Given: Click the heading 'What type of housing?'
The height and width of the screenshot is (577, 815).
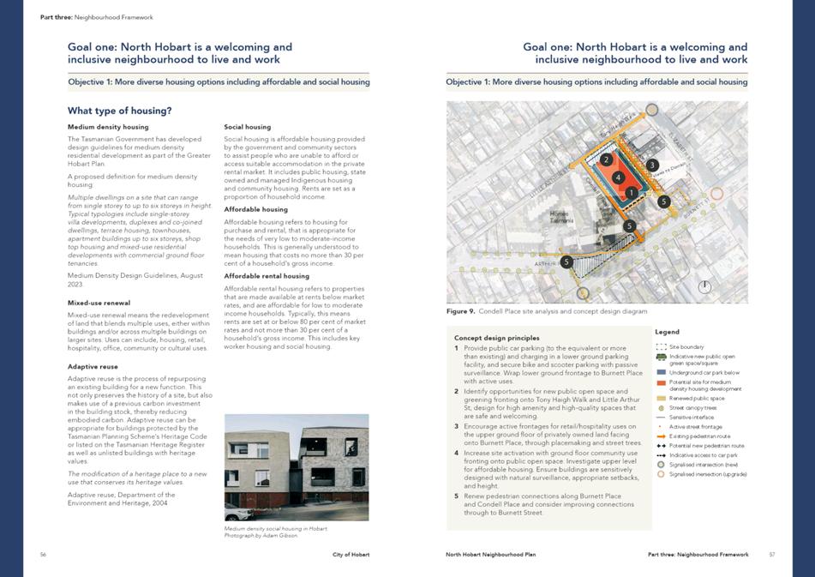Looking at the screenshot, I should (x=119, y=111).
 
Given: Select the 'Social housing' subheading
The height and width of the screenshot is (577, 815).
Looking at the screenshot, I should (x=247, y=127).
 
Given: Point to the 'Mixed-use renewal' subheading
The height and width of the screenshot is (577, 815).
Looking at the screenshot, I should (x=99, y=303).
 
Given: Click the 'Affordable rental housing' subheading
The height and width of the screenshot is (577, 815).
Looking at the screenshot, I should (x=267, y=276).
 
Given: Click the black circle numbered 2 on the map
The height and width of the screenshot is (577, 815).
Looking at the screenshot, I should (x=606, y=159).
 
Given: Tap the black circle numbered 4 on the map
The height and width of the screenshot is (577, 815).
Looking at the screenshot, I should (x=618, y=177).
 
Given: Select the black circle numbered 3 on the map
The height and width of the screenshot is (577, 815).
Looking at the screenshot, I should (x=652, y=165).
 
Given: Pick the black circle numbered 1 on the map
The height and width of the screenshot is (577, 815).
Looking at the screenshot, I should (x=631, y=193).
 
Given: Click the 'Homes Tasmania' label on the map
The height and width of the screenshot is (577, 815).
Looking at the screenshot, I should (x=561, y=217).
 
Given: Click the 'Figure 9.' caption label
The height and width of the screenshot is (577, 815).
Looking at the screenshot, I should (x=460, y=311).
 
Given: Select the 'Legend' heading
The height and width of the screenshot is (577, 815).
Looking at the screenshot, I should (x=667, y=332).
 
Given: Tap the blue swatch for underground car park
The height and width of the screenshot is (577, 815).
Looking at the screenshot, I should (x=661, y=373).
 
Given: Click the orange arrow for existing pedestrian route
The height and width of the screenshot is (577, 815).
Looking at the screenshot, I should (x=661, y=436).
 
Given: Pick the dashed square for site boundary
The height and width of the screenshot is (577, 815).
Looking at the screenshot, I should (x=661, y=346).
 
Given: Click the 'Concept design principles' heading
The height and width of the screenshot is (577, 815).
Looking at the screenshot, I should (x=496, y=338).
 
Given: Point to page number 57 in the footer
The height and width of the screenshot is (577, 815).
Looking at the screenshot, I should (x=771, y=555).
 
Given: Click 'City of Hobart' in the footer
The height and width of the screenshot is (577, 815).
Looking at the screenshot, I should (x=351, y=555).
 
